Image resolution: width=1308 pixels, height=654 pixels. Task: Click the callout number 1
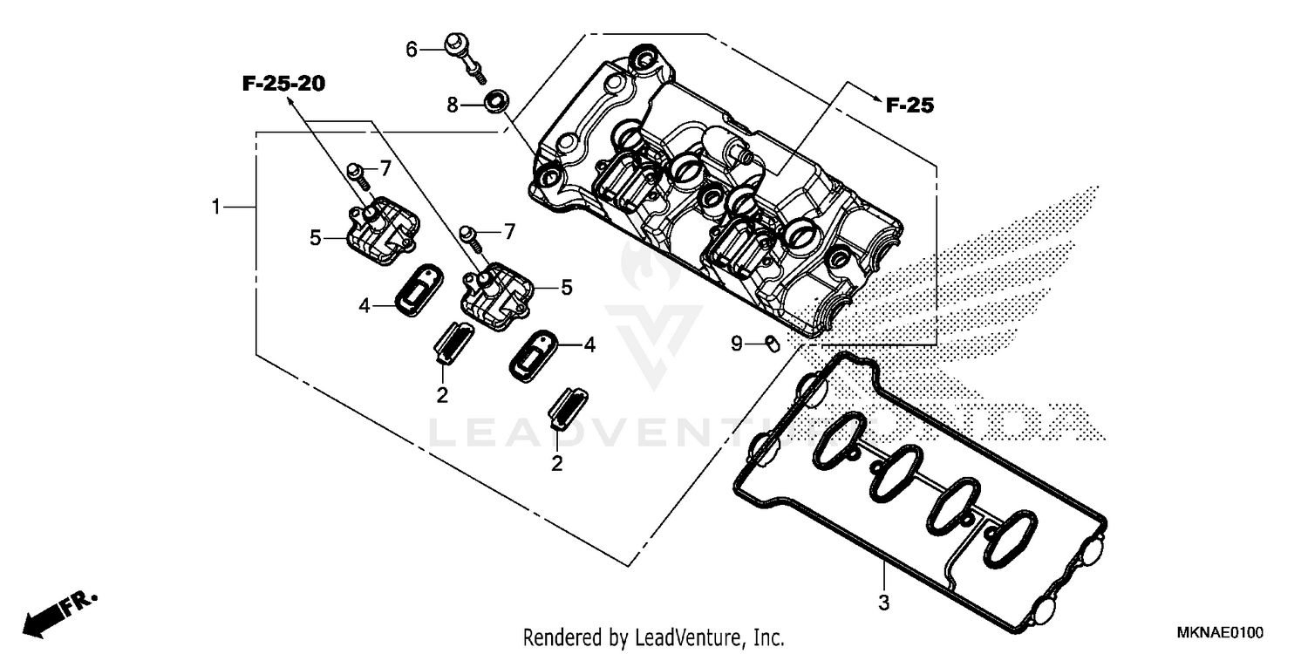tap(215, 207)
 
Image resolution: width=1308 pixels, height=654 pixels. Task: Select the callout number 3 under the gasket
tap(883, 602)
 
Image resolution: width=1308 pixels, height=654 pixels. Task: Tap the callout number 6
tap(412, 49)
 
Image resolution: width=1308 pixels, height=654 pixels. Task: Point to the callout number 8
tap(452, 106)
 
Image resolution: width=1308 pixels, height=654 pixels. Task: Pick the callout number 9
tap(737, 344)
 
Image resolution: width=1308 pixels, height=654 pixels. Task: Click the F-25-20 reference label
tap(283, 84)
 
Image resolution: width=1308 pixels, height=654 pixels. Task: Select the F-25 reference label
tap(909, 106)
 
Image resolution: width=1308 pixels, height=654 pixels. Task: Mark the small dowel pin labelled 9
tap(772, 344)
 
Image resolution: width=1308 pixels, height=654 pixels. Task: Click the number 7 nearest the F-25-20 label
tap(385, 168)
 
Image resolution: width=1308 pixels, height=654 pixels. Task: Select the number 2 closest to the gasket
tap(556, 463)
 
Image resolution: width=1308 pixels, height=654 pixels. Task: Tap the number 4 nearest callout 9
tap(589, 345)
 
